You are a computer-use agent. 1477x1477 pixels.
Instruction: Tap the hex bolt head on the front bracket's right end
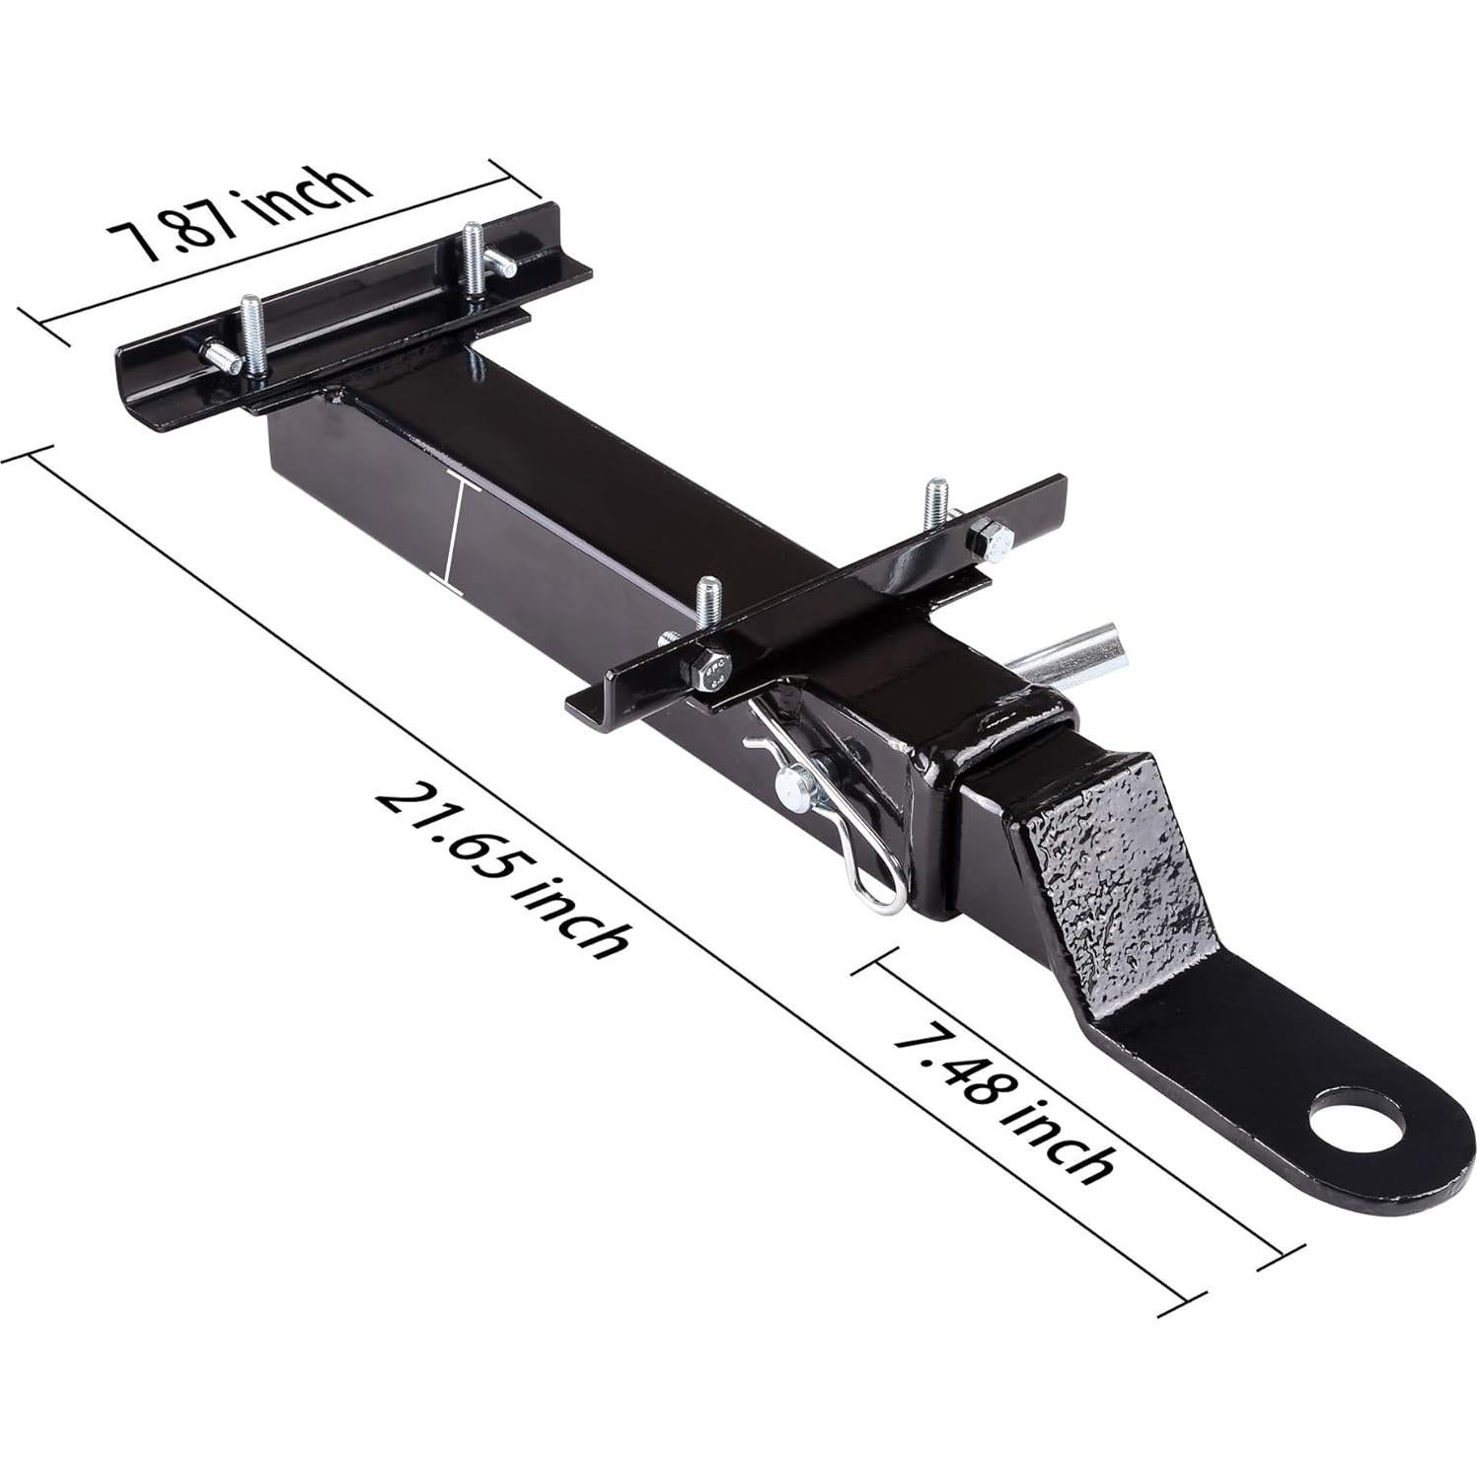click(990, 541)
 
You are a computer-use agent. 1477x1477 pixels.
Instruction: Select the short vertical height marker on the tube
click(455, 537)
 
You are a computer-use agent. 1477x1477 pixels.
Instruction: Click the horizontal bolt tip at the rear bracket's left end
click(219, 355)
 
